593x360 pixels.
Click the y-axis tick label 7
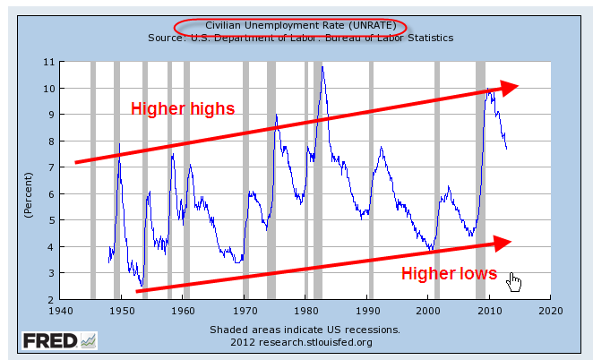[53, 167]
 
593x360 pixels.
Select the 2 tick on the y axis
[53, 299]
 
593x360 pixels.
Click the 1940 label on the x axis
[60, 311]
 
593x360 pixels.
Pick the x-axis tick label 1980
[305, 311]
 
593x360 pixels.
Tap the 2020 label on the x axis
[550, 311]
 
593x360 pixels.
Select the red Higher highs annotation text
[183, 109]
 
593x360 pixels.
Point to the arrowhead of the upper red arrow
[510, 87]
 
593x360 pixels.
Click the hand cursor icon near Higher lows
[513, 282]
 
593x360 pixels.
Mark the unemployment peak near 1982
[322, 67]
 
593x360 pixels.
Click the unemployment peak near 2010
[488, 88]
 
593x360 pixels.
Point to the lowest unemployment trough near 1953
[142, 285]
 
